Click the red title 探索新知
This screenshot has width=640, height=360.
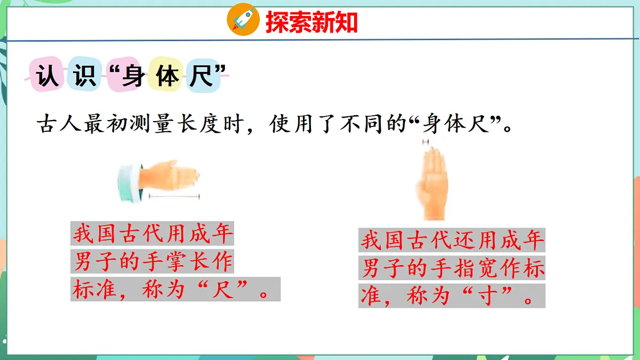coord(311,22)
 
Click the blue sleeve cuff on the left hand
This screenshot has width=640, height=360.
coord(127,183)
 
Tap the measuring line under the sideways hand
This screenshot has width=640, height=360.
coord(174,197)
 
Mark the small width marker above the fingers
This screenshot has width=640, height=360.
coord(426,142)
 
